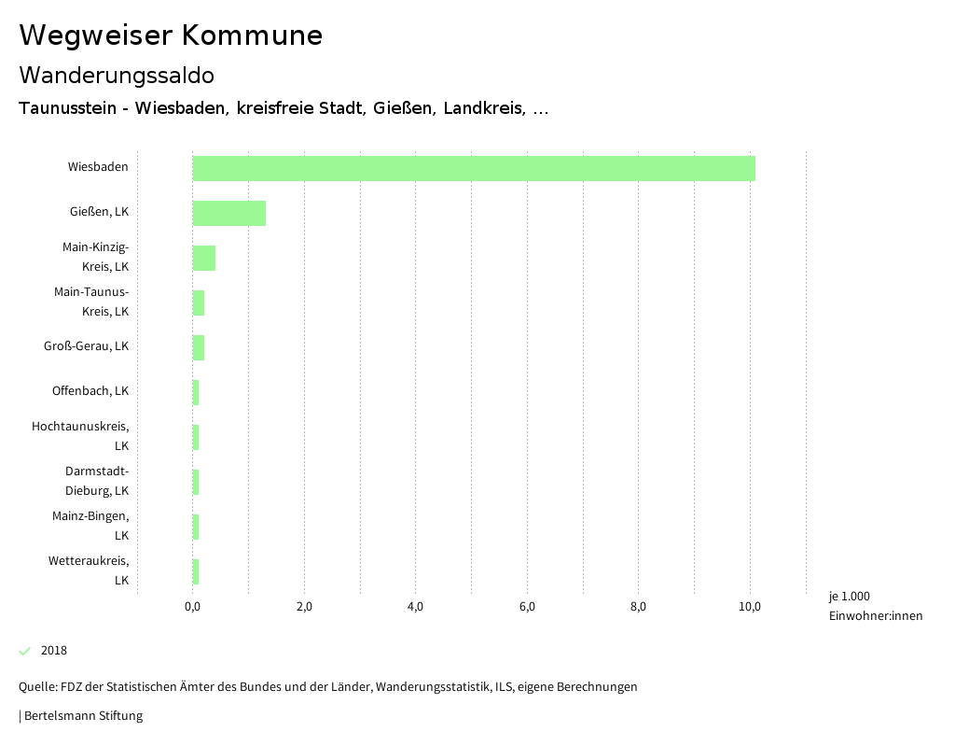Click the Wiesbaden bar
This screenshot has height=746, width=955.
coord(474,168)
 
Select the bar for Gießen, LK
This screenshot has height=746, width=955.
coord(229,213)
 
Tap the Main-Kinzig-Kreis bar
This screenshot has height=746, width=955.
coord(204,258)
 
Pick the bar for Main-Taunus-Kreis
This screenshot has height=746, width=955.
coord(199,303)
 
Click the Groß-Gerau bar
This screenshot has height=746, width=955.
coord(199,347)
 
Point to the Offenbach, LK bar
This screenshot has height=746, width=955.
coord(196,392)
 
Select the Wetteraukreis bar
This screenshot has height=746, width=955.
coord(196,571)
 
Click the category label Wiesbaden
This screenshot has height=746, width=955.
coord(98,167)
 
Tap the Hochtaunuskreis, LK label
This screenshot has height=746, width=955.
coord(80,436)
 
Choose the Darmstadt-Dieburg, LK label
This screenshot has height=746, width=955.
coord(97,481)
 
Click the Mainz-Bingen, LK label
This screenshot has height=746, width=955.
coord(90,526)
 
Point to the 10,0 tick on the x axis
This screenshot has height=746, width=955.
coord(750,607)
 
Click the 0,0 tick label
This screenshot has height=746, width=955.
coord(193,607)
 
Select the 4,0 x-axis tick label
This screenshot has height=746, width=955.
coord(416,607)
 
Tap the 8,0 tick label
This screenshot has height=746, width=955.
coord(639,607)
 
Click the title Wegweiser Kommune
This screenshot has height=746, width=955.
coord(171,35)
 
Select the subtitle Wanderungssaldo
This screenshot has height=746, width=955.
coord(117,75)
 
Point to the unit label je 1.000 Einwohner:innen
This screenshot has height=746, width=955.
coord(875,606)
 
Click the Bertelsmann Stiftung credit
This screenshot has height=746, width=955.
coord(82,716)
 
